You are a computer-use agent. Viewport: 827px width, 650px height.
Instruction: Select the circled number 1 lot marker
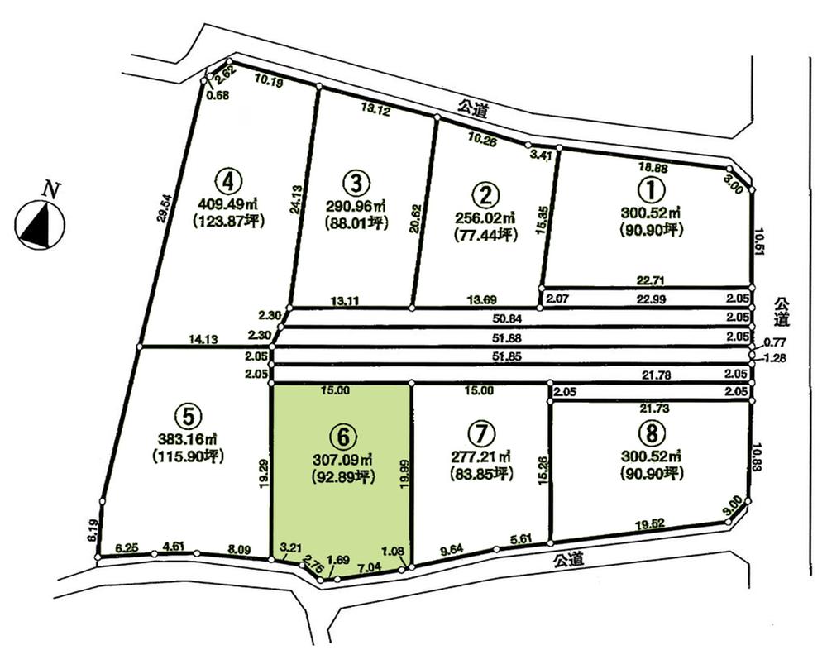tap(651, 189)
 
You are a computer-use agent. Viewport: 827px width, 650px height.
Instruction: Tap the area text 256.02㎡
tap(485, 217)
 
